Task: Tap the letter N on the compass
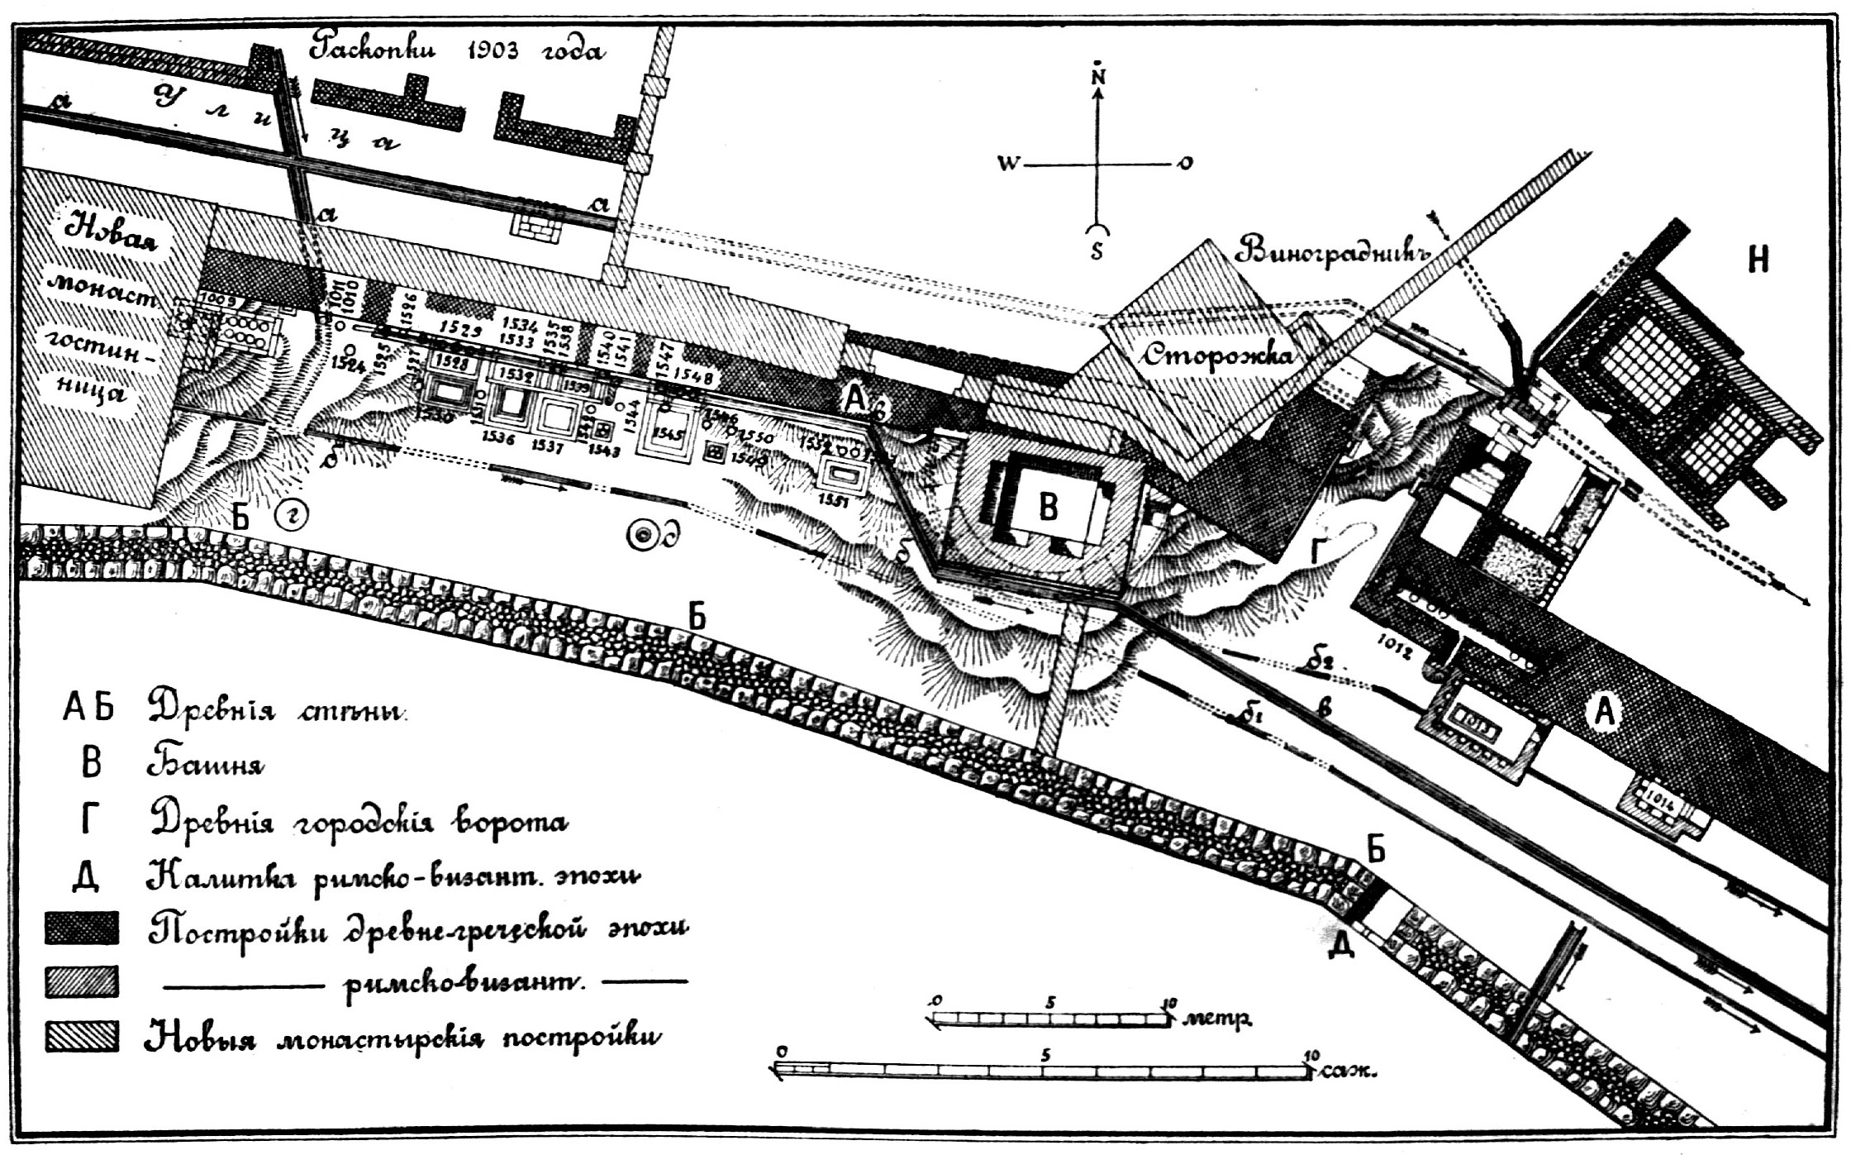click(1098, 75)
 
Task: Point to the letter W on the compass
click(1008, 164)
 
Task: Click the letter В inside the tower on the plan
click(1048, 506)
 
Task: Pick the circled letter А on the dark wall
click(1604, 711)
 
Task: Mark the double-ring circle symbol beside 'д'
click(642, 536)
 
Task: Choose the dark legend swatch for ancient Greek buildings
click(82, 928)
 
